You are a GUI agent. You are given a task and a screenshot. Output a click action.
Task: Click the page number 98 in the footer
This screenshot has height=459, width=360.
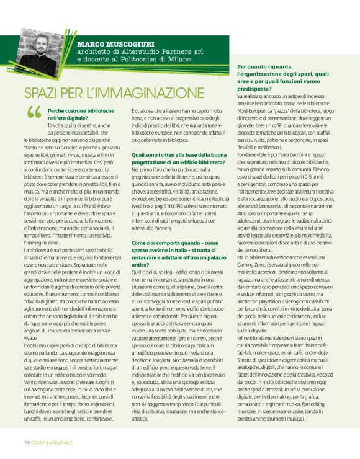(27, 442)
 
